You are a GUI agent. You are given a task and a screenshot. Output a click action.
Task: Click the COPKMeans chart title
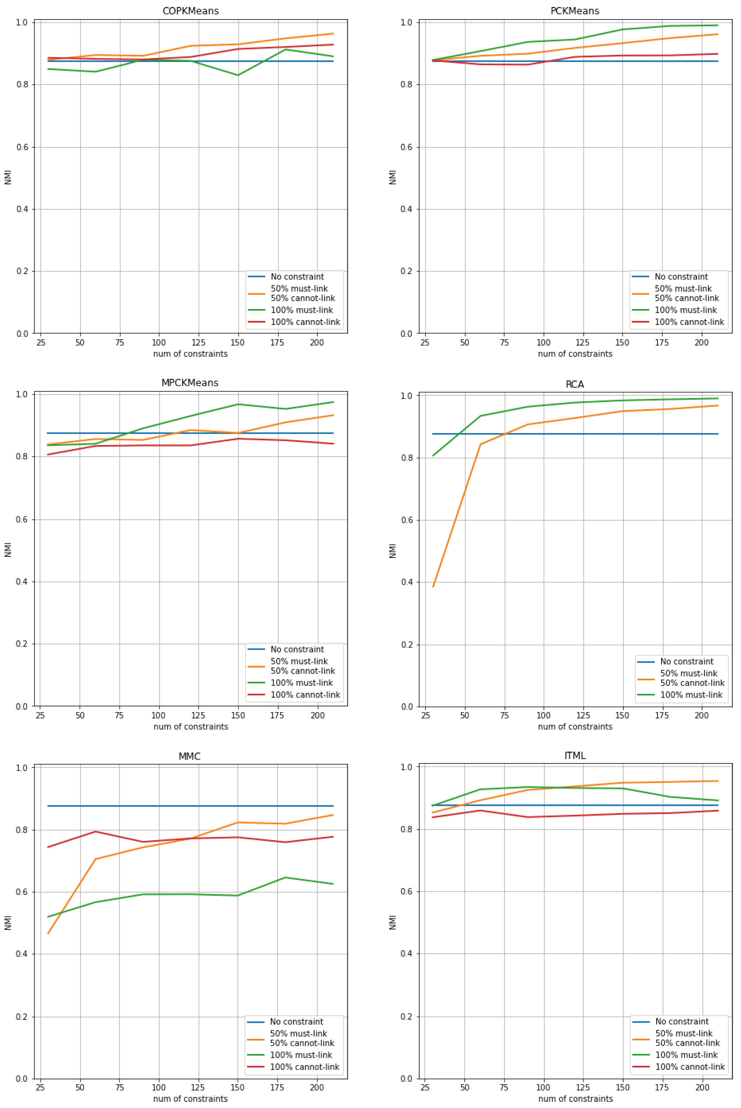pos(190,11)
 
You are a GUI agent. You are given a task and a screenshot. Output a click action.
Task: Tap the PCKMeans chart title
pos(575,11)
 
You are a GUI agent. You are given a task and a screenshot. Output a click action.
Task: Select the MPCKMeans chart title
pos(190,383)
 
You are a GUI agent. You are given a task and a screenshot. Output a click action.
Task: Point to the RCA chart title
pos(575,384)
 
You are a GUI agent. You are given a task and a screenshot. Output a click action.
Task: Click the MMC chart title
pos(189,756)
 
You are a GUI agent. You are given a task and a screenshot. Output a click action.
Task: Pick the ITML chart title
pos(575,755)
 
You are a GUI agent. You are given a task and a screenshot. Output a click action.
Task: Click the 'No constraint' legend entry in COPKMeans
pos(297,277)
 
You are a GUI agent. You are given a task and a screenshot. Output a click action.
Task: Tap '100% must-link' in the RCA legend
pos(691,695)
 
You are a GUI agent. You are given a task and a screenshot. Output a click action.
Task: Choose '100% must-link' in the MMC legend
pos(301,1055)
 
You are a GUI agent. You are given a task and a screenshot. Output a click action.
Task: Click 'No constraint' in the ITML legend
pos(681,1021)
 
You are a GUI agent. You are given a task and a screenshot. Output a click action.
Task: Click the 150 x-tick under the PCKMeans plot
pos(622,342)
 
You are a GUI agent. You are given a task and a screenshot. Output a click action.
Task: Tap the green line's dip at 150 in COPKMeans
pos(238,75)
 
